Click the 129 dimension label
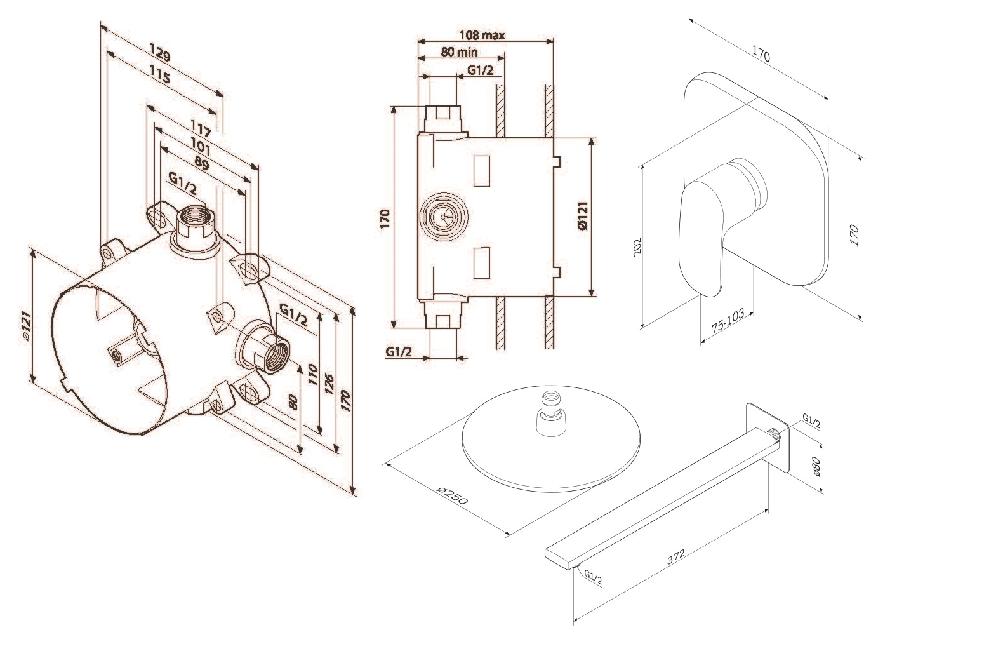coord(161,50)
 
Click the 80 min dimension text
coord(460,51)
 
